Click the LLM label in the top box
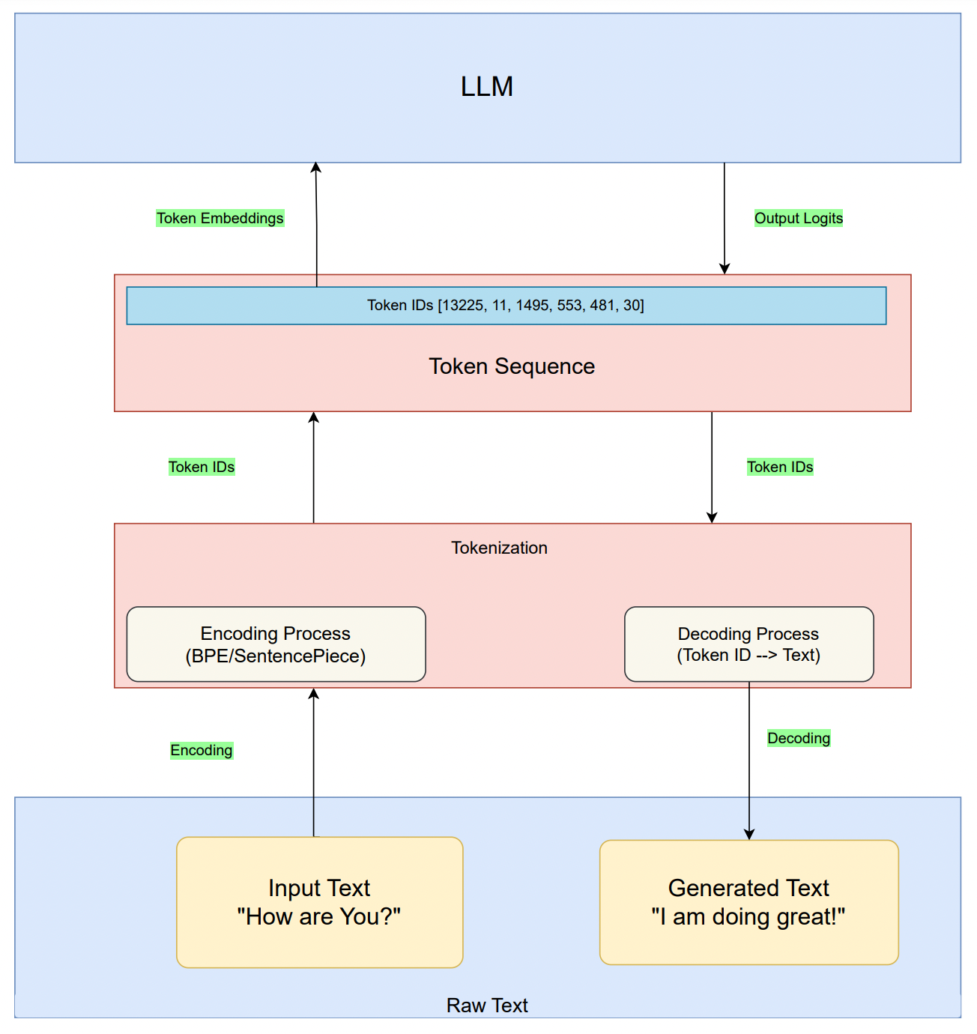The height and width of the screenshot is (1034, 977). point(487,87)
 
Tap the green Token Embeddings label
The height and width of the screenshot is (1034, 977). point(220,218)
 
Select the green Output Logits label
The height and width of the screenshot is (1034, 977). point(798,218)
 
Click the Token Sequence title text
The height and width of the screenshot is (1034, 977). point(512,366)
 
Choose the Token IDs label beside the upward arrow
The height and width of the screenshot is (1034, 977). point(202,467)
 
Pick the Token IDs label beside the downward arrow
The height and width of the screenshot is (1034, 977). point(780,467)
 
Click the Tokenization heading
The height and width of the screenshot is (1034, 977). point(499,548)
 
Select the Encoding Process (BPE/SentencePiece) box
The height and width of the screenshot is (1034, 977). point(276,644)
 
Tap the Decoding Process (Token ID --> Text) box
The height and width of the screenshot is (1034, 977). point(748,644)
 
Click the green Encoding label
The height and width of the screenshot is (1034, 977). point(202,750)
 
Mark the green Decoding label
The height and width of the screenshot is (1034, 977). point(799,738)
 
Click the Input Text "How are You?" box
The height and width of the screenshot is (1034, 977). point(319,902)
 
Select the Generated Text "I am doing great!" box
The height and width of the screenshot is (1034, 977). point(748,902)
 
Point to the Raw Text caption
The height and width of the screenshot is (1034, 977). point(487,1006)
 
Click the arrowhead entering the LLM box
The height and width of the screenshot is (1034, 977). point(316,169)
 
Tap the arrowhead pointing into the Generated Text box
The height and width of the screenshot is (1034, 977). point(749,834)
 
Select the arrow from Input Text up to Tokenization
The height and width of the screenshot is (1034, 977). point(314,764)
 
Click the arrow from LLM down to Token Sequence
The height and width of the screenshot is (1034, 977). point(725,217)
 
